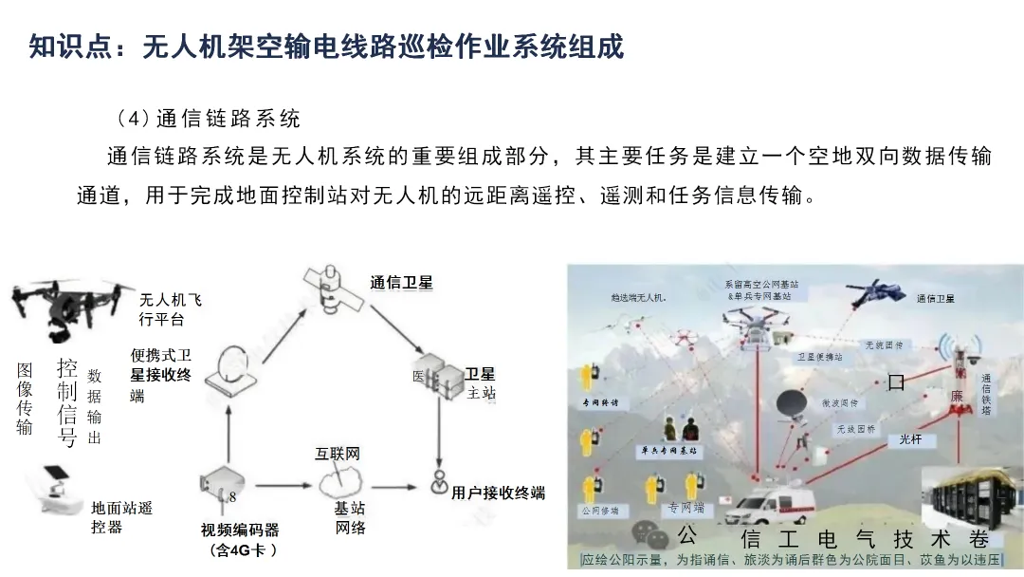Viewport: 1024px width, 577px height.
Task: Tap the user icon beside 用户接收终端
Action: coord(438,483)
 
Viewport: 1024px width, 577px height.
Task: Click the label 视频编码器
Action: coord(240,530)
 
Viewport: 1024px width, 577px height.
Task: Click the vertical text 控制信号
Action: coord(67,402)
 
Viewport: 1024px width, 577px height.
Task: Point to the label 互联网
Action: coord(338,454)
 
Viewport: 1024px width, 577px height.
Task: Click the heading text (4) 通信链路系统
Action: coord(208,119)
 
